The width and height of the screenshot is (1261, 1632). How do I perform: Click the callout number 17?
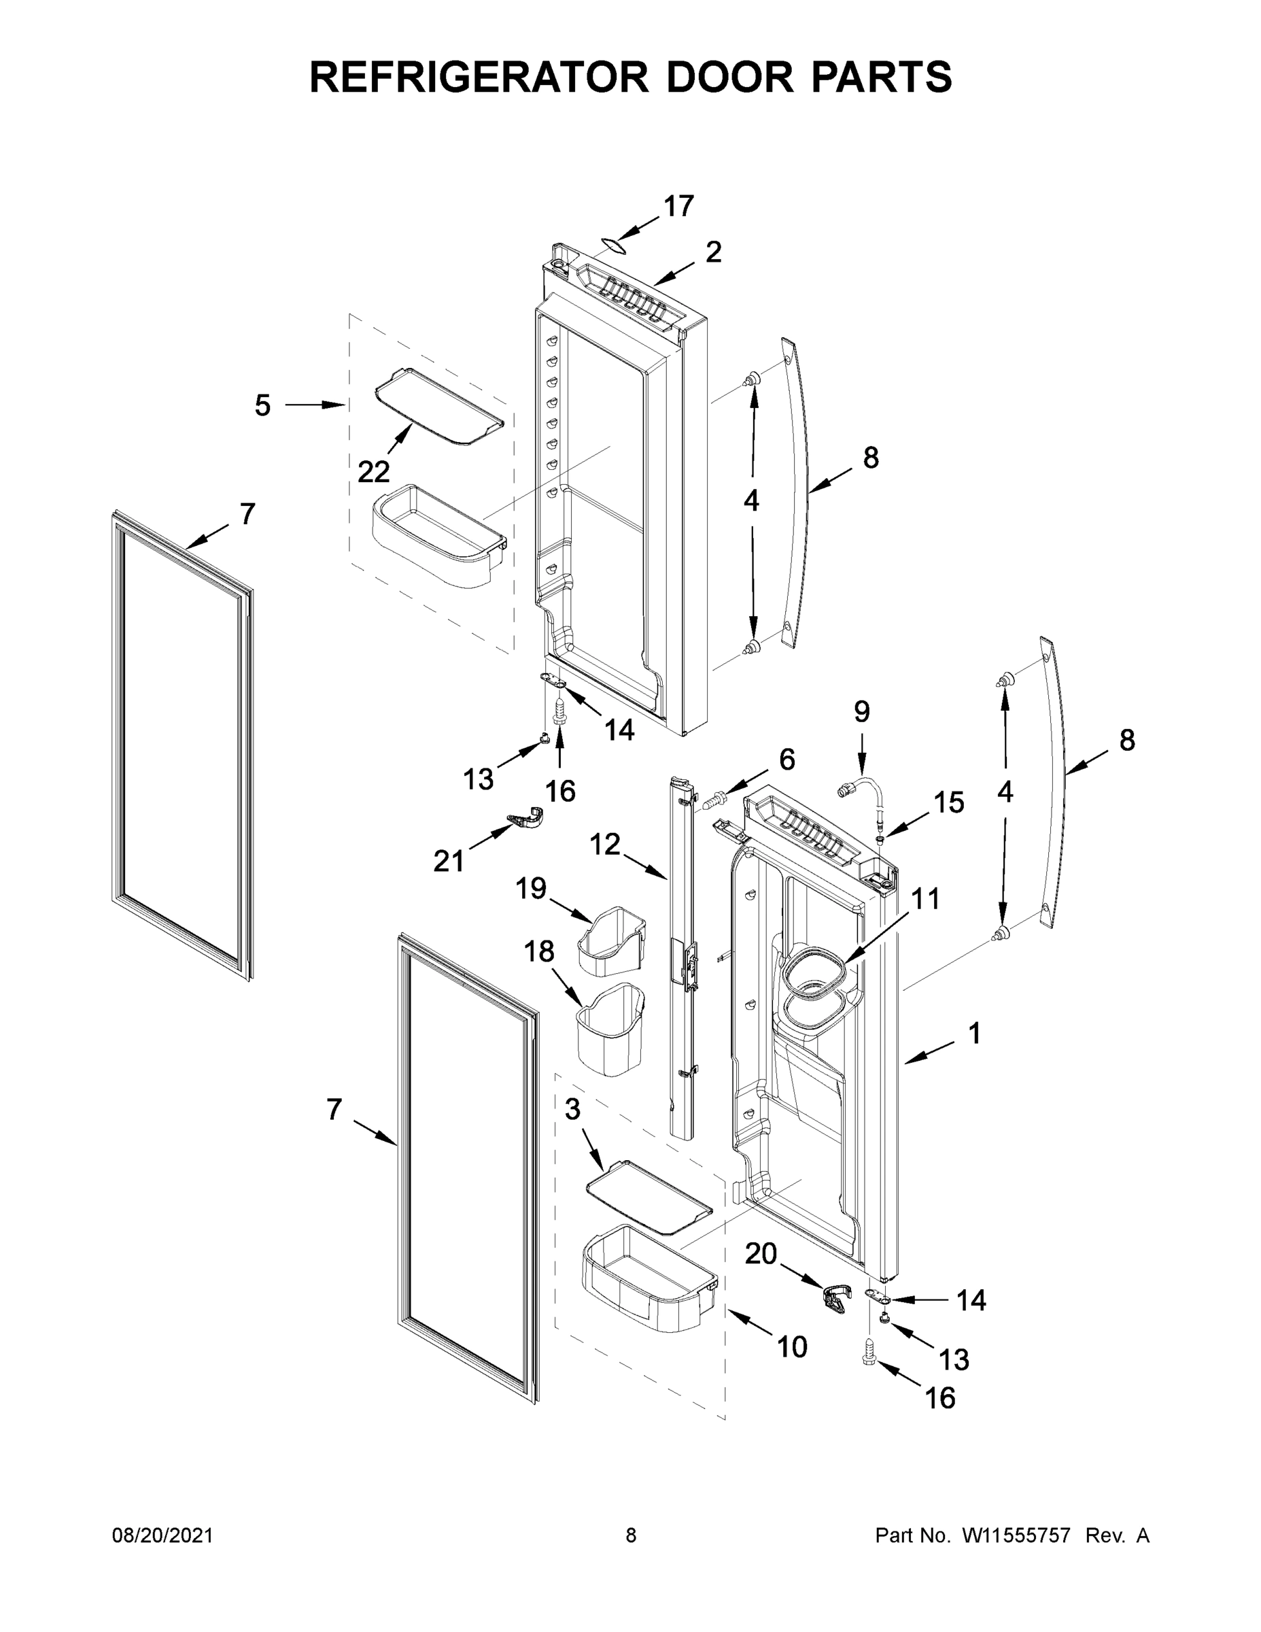click(678, 206)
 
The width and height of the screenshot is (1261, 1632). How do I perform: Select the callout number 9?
click(861, 711)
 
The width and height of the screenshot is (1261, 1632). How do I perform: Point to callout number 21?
click(449, 862)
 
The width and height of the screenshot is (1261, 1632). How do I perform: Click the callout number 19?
click(530, 889)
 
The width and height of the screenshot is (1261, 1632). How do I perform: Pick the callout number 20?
click(761, 1253)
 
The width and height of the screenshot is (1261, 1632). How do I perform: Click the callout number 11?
click(925, 899)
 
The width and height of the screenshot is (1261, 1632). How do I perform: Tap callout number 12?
click(604, 845)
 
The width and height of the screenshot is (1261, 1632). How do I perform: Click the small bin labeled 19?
click(611, 941)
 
